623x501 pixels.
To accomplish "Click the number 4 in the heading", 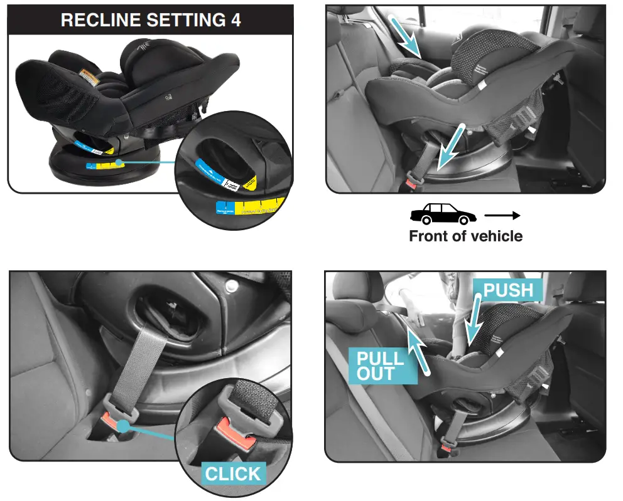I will click(x=234, y=19).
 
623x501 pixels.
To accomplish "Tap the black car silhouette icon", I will click(x=443, y=214).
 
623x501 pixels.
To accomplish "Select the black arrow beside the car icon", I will click(x=502, y=215).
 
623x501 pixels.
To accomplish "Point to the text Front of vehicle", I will click(x=465, y=236).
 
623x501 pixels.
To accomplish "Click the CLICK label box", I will click(x=233, y=473).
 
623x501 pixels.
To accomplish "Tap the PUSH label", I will click(x=508, y=290).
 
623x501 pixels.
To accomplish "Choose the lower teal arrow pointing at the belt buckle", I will click(x=451, y=148).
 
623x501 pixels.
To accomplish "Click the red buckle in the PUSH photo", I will click(x=447, y=448).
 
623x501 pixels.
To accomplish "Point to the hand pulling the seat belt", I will click(x=414, y=312).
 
